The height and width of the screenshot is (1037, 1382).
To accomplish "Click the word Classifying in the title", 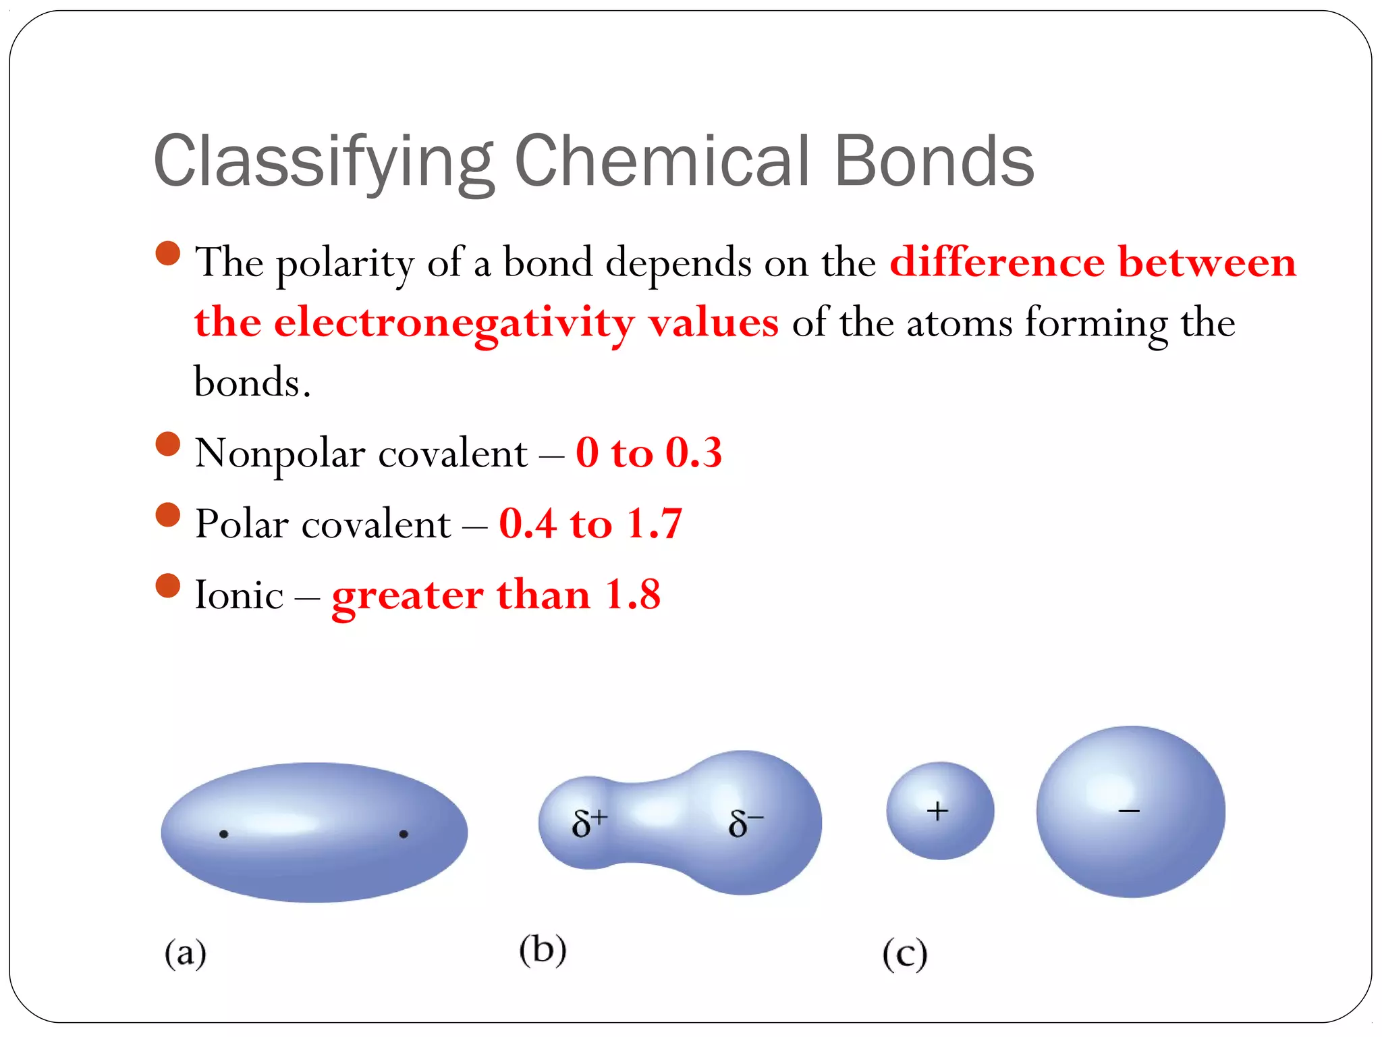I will (x=324, y=162).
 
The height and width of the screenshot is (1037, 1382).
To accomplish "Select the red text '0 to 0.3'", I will (x=648, y=452).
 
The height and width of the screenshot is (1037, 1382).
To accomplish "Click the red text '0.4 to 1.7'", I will (x=590, y=523).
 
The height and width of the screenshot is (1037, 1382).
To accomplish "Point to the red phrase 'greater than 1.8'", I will (x=496, y=595).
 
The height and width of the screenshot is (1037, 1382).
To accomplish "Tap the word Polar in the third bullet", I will (x=241, y=524).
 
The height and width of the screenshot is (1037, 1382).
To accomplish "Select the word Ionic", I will (x=239, y=595).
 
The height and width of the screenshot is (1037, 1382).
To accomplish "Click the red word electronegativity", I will (x=453, y=323).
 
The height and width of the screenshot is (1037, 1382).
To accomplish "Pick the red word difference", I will (x=997, y=262).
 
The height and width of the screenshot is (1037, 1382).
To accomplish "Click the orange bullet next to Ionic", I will (x=167, y=585).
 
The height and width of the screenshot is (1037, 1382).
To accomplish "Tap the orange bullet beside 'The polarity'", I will (x=167, y=253).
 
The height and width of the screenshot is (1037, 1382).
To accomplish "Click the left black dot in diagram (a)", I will (x=224, y=834).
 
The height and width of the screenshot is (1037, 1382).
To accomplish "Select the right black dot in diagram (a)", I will (x=404, y=834).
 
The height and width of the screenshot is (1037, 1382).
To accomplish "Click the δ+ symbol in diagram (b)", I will (x=589, y=823).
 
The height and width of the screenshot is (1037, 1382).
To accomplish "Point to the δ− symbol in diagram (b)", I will (x=745, y=823).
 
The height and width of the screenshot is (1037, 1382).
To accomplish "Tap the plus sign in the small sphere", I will (x=937, y=811).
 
